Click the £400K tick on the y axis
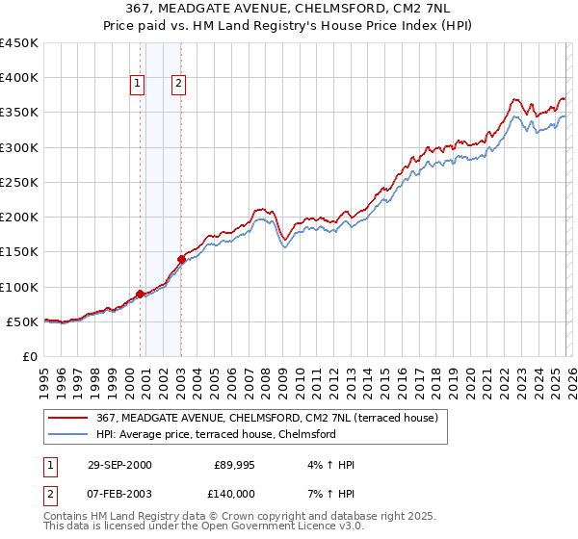18,78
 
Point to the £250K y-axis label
18,182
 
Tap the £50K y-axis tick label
22,321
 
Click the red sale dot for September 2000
141,294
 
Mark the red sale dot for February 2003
181,259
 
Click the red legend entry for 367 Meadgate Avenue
268,418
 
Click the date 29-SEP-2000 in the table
118,465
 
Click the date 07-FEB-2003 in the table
118,493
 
